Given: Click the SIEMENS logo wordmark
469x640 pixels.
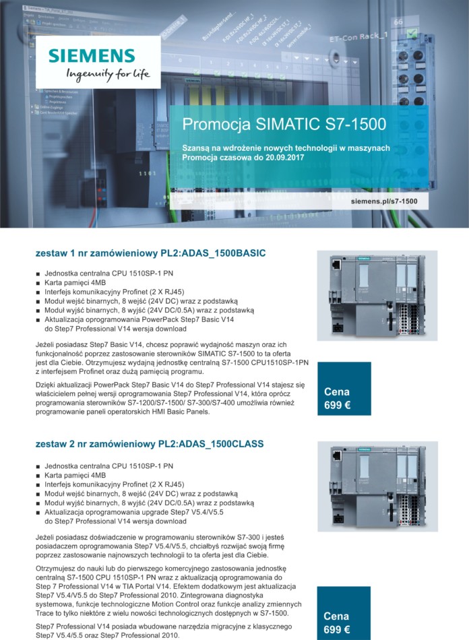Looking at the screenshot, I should click(x=91, y=55).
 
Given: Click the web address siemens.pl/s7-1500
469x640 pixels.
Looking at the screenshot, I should click(x=384, y=201).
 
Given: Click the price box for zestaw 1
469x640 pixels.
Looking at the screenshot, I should click(x=344, y=398).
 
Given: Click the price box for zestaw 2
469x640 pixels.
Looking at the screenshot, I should click(x=344, y=622).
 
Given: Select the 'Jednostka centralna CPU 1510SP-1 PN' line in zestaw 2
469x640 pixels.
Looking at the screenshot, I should click(x=108, y=466).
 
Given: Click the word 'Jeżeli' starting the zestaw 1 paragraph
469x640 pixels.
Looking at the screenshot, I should click(x=46, y=344).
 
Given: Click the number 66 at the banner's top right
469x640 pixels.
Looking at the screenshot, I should click(x=398, y=22).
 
